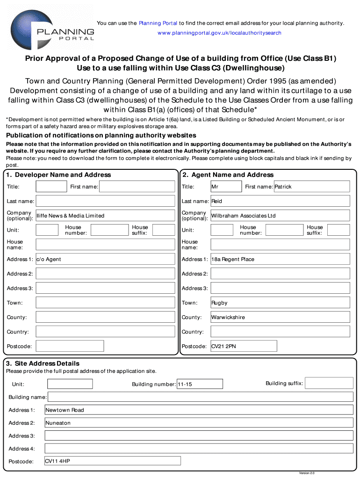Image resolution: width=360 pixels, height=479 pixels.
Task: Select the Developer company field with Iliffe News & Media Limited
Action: (105, 216)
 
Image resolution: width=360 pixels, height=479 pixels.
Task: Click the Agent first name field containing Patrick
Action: (311, 187)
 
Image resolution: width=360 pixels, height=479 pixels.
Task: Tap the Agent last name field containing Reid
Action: (280, 201)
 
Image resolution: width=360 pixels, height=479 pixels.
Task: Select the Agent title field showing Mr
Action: (226, 187)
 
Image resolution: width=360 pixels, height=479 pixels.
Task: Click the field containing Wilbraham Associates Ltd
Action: (280, 216)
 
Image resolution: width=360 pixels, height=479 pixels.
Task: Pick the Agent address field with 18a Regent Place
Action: (280, 259)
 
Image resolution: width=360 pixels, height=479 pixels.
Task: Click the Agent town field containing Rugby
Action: (280, 303)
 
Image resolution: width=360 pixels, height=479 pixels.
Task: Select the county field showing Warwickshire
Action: (280, 317)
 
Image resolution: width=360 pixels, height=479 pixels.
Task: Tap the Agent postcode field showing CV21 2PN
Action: (243, 346)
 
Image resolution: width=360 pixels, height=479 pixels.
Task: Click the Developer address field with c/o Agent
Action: (105, 259)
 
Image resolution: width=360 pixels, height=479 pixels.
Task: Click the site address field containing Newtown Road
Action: (199, 410)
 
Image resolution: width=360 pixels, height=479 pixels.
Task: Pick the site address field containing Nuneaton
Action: (199, 423)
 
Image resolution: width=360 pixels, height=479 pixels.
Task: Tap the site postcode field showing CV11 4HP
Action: (112, 461)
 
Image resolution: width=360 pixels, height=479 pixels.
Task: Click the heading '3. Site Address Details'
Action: (43, 363)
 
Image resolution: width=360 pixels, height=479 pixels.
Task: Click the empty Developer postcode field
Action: (70, 346)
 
